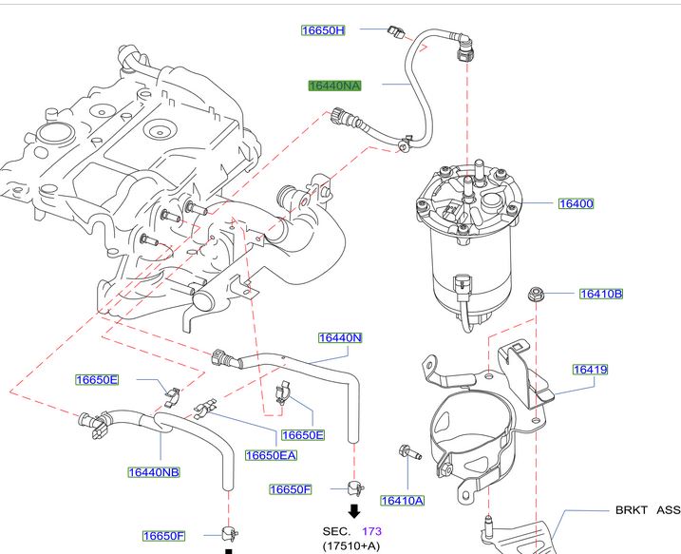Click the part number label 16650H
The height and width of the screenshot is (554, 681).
(322, 30)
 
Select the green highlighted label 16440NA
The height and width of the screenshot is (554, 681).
(334, 86)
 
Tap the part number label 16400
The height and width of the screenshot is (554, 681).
(576, 203)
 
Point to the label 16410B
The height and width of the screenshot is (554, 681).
(601, 294)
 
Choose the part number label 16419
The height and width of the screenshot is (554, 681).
(590, 370)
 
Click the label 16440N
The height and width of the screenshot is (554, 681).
(339, 337)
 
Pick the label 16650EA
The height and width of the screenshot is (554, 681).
(271, 455)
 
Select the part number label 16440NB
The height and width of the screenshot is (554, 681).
(154, 471)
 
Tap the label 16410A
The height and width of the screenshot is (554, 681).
(402, 501)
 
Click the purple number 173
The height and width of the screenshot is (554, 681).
(372, 530)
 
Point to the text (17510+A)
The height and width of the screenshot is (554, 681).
(350, 545)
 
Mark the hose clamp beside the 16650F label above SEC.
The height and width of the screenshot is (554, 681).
(353, 489)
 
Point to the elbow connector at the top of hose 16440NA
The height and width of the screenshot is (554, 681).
(463, 44)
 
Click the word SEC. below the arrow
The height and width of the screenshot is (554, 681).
(338, 530)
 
